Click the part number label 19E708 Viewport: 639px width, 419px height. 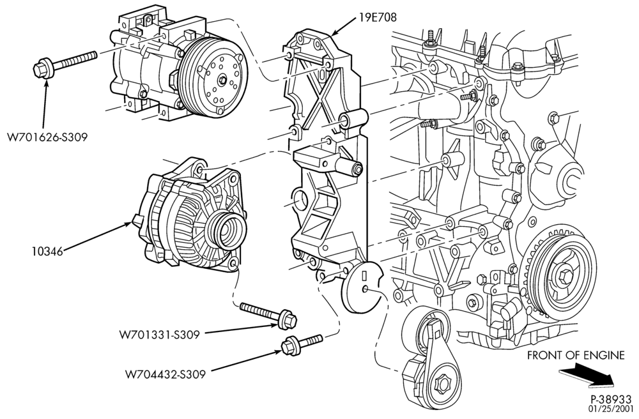click(x=378, y=17)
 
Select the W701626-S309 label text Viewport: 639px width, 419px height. click(x=47, y=137)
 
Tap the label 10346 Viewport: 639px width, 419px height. click(x=48, y=252)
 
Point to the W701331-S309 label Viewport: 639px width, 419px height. click(x=159, y=335)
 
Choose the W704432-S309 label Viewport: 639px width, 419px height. click(x=166, y=374)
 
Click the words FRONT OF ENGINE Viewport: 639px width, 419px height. click(x=576, y=355)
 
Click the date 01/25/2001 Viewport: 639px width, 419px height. click(x=610, y=408)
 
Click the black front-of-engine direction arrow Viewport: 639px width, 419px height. click(x=587, y=376)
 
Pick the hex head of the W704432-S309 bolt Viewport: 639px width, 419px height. click(x=289, y=346)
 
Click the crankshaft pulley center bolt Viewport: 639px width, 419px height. click(x=566, y=277)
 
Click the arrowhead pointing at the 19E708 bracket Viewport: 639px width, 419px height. click(x=335, y=33)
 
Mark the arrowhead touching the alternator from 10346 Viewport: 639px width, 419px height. click(x=130, y=222)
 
